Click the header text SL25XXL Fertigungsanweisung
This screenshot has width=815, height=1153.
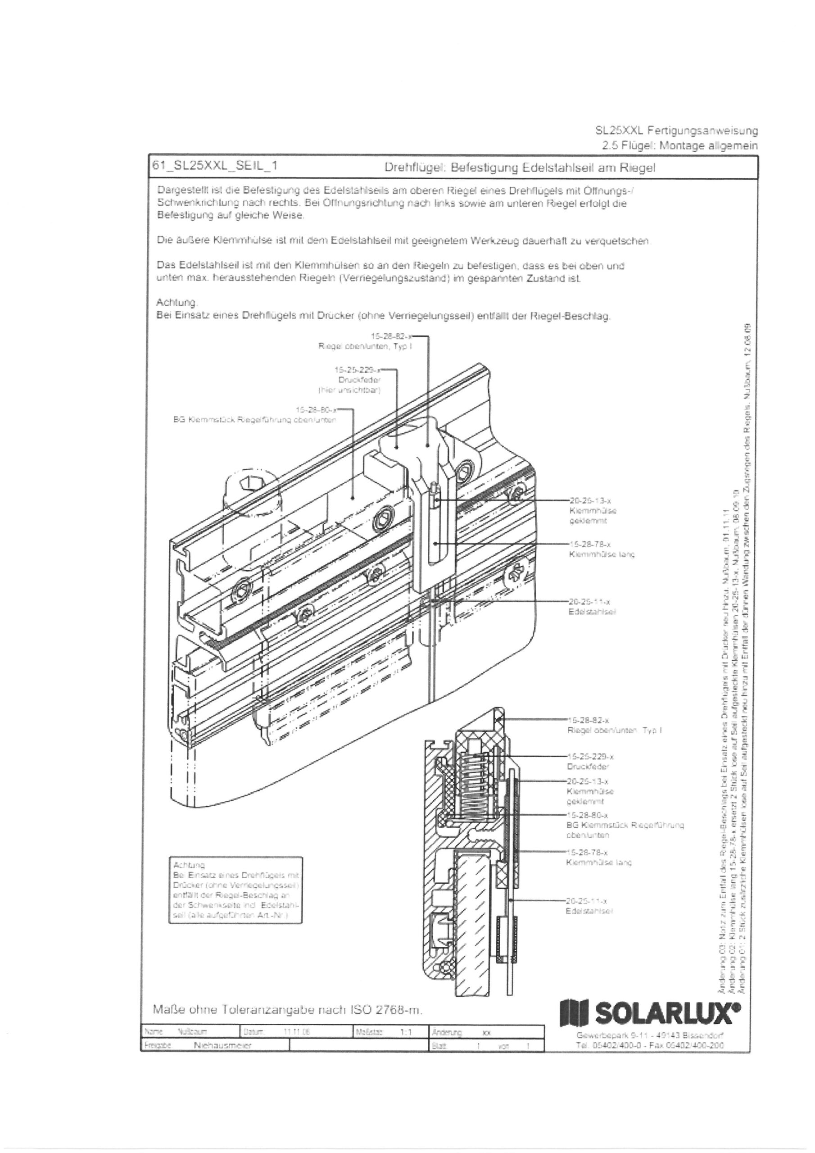[676, 131]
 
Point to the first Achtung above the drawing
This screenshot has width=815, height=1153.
[177, 303]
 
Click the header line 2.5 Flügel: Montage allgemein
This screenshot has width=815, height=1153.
[679, 145]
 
